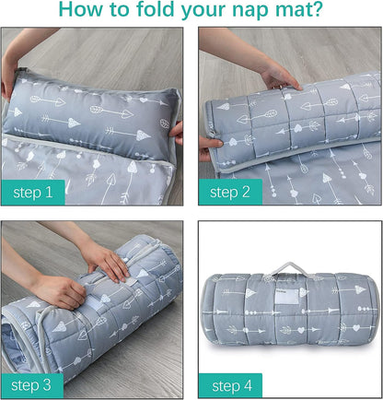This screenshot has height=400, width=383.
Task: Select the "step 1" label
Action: [33, 193]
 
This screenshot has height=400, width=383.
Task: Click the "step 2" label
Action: [230, 193]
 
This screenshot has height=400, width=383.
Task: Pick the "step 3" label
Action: [32, 385]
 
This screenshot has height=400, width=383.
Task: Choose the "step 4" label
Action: [231, 386]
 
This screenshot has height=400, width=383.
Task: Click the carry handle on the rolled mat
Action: [289, 268]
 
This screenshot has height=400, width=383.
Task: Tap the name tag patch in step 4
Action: [286, 296]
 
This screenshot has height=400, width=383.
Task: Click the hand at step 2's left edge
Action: [208, 148]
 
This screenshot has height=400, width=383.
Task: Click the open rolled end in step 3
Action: [21, 341]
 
